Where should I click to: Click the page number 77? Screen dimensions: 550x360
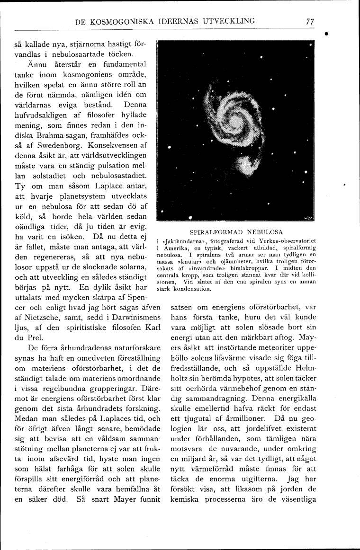[310, 21]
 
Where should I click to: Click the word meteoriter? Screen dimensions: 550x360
[274, 348]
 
